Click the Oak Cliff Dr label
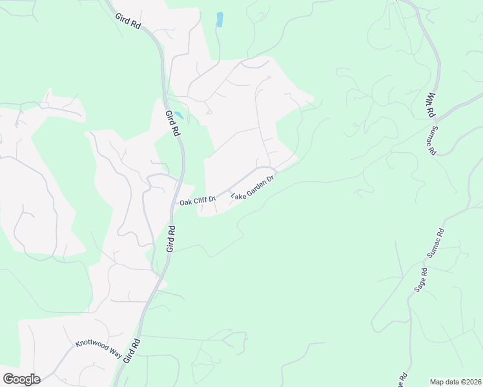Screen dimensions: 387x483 [198, 201]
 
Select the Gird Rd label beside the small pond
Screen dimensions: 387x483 [172, 123]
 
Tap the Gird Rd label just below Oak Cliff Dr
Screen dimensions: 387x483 [172, 238]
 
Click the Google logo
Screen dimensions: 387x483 [21, 379]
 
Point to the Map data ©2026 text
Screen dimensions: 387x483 [455, 382]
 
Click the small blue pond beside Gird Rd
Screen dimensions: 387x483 [179, 115]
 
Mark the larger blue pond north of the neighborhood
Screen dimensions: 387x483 [220, 19]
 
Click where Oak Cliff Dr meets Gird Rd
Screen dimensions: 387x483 [181, 203]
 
